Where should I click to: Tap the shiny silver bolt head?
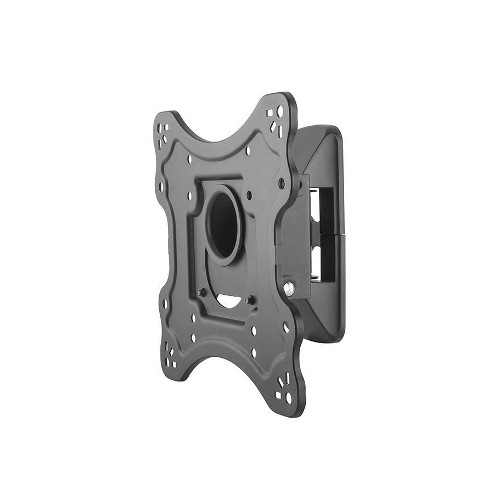pos(289,287)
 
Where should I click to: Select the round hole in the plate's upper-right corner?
pos(280,111)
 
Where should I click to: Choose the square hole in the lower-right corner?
pos(278,395)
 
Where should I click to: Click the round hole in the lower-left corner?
pos(166,346)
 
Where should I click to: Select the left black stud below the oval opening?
pos(201,291)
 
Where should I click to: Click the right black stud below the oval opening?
pos(250,300)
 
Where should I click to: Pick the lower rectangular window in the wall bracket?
pos(324,261)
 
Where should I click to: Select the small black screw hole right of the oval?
pos(250,194)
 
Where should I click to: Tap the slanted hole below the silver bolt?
pos(285,327)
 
